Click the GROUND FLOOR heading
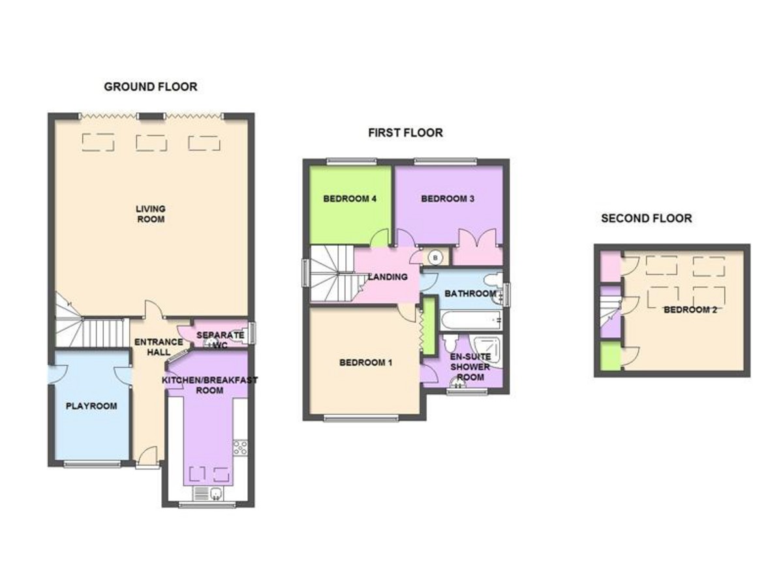click(x=150, y=87)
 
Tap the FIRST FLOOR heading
click(x=405, y=132)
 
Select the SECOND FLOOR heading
click(x=646, y=218)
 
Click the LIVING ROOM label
click(x=151, y=214)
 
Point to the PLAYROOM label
click(x=91, y=406)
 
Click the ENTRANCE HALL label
click(x=159, y=347)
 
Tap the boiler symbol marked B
click(x=435, y=258)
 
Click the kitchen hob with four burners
click(x=240, y=447)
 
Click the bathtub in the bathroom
click(x=471, y=320)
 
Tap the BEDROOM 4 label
click(x=350, y=198)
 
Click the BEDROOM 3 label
click(x=448, y=198)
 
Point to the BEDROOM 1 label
click(x=365, y=363)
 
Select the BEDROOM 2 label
click(x=690, y=310)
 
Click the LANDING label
click(x=388, y=277)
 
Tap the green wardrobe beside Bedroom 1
click(x=429, y=325)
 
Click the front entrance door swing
click(x=147, y=455)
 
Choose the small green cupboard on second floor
click(x=611, y=356)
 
